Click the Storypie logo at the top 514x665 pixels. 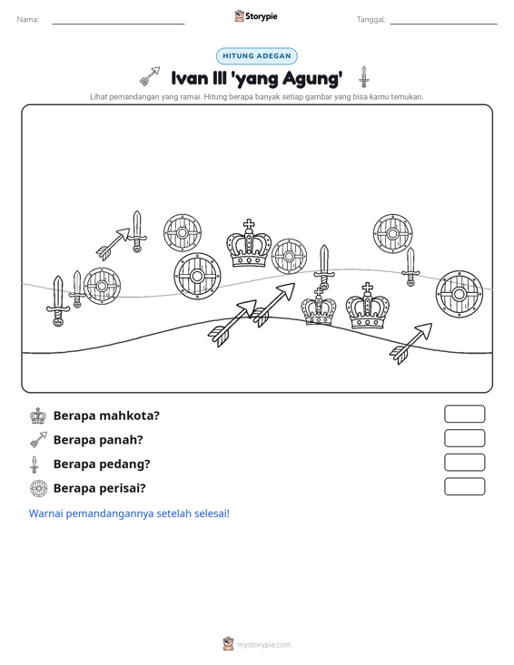[x=256, y=16]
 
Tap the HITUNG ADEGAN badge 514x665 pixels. [x=257, y=56]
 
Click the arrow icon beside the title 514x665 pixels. [x=150, y=75]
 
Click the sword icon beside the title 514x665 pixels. [x=364, y=77]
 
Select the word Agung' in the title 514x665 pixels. [x=312, y=78]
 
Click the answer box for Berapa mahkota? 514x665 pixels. [x=464, y=414]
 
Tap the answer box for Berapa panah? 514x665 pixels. [x=464, y=438]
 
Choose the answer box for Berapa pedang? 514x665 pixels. [x=464, y=463]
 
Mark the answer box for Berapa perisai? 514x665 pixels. [x=464, y=486]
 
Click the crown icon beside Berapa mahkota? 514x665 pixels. [x=38, y=416]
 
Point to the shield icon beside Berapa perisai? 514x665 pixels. [x=38, y=489]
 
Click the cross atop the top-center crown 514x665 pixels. [x=249, y=225]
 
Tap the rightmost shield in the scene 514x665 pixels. [x=460, y=294]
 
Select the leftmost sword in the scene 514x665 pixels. [x=58, y=301]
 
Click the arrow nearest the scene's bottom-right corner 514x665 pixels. [x=410, y=344]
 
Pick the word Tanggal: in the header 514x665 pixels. [x=371, y=20]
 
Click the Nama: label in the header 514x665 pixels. [x=28, y=20]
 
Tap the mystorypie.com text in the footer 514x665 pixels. [x=264, y=645]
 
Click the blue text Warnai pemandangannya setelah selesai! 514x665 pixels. [x=129, y=513]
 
